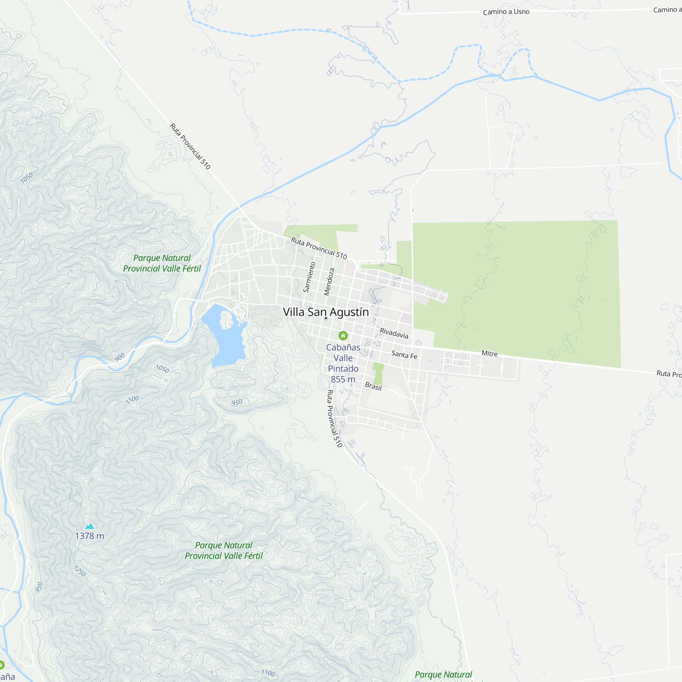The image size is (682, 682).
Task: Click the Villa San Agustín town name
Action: (x=326, y=312)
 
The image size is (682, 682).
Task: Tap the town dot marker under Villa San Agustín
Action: (x=326, y=318)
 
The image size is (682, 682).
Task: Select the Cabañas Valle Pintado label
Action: (x=343, y=358)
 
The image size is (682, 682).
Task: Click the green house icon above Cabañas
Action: (x=343, y=335)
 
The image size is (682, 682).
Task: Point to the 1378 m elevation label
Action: (x=90, y=536)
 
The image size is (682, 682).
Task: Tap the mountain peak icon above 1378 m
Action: (x=90, y=526)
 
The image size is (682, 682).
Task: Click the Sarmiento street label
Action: (x=309, y=277)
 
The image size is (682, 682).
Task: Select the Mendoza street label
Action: (x=329, y=282)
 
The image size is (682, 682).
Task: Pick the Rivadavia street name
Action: (x=394, y=333)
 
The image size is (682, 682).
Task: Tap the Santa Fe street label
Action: (x=404, y=355)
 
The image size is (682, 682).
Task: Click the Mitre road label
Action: (x=489, y=353)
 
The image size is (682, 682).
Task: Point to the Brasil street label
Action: (x=373, y=386)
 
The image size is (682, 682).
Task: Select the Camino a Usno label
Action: (x=506, y=12)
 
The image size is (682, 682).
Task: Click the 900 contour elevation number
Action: (x=120, y=357)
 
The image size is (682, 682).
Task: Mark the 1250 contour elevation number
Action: (x=80, y=571)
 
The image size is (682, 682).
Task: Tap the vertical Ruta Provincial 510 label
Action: (x=334, y=419)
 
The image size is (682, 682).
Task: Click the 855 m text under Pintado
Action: (x=343, y=380)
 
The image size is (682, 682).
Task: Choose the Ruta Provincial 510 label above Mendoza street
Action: (x=319, y=248)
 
